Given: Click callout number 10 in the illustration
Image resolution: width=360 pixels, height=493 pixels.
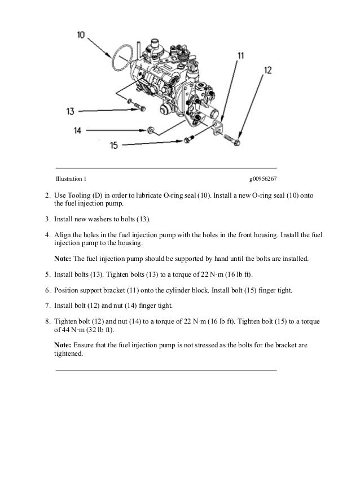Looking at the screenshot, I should tap(82, 34).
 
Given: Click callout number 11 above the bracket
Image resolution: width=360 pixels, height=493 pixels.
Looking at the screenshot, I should tap(241, 55).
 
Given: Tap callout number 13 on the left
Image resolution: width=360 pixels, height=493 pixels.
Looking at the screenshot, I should tap(71, 111).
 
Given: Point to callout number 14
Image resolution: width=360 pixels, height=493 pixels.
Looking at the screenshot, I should tap(78, 130).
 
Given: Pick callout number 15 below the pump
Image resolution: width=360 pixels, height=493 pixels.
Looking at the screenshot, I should tap(114, 145).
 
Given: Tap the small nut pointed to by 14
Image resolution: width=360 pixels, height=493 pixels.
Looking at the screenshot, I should tap(151, 131).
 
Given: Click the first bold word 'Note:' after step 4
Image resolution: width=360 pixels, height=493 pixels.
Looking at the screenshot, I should tap(62, 259).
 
